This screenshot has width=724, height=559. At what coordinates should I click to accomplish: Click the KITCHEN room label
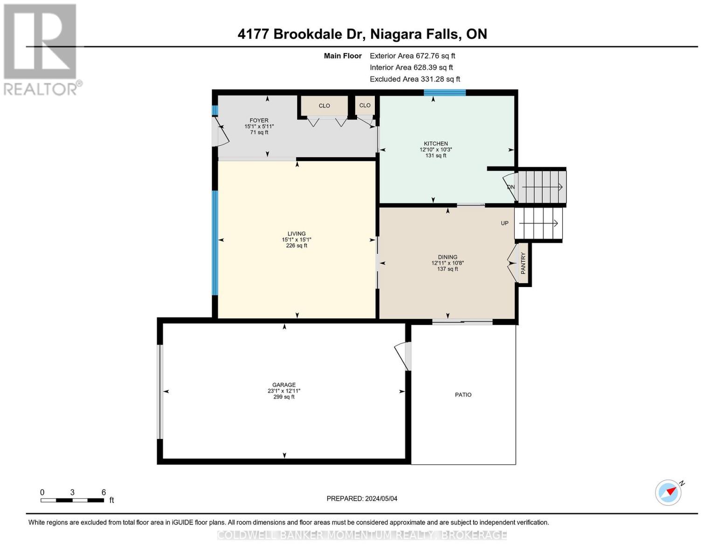click(x=435, y=144)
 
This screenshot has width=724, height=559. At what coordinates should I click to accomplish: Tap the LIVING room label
click(x=296, y=234)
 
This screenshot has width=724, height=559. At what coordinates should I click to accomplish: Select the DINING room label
click(x=448, y=257)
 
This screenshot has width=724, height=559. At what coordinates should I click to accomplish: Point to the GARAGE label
click(x=284, y=385)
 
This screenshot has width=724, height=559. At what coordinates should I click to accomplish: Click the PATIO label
click(x=463, y=395)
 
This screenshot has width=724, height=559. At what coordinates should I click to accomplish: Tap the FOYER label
click(x=259, y=121)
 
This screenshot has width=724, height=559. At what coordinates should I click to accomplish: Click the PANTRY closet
click(x=523, y=263)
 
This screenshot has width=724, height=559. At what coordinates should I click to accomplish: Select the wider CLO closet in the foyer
click(x=324, y=106)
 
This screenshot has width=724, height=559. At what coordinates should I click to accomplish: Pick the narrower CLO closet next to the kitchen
click(x=365, y=105)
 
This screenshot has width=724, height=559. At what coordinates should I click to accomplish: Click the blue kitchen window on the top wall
click(x=444, y=92)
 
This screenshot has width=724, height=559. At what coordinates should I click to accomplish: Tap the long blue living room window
click(x=215, y=243)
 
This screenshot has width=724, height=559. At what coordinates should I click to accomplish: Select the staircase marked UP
click(x=538, y=223)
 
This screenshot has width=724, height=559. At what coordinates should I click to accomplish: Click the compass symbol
click(x=669, y=492)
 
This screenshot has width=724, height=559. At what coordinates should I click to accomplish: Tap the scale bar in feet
click(x=72, y=500)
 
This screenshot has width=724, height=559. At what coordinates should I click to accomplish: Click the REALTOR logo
click(x=41, y=49)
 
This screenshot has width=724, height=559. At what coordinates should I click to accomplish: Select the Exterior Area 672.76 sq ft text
click(x=412, y=55)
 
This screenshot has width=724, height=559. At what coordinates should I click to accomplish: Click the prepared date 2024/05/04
click(x=362, y=498)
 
